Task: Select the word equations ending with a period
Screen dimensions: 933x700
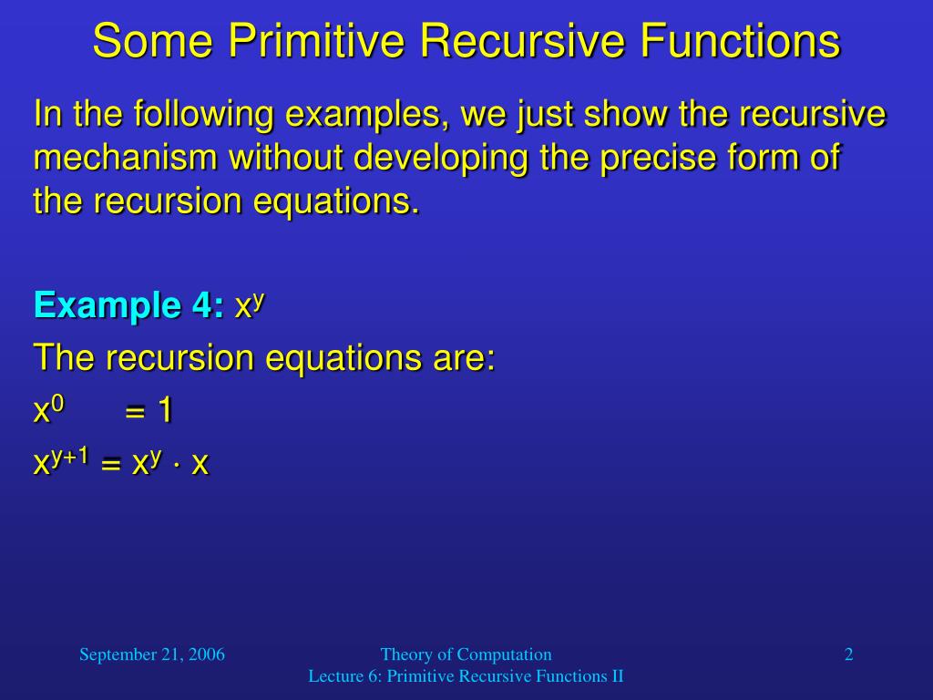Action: [337, 202]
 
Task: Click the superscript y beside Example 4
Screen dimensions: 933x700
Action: [258, 301]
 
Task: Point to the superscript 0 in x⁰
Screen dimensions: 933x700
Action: [57, 404]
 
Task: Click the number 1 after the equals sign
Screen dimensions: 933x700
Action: [165, 411]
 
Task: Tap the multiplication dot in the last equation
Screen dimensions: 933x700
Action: [177, 464]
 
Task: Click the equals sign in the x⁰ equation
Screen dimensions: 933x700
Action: [135, 412]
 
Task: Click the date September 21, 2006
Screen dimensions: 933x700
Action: [152, 654]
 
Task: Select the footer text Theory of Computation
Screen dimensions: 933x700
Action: [466, 654]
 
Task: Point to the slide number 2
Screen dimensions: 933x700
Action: [849, 654]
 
